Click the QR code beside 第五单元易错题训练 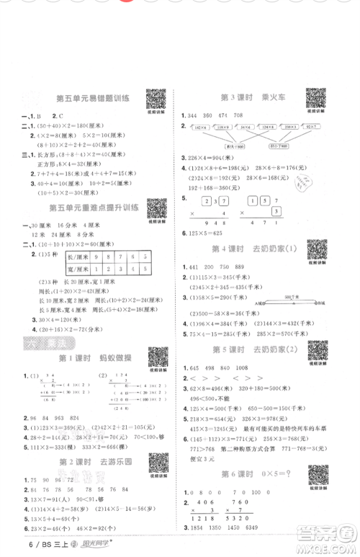pos(155,99)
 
